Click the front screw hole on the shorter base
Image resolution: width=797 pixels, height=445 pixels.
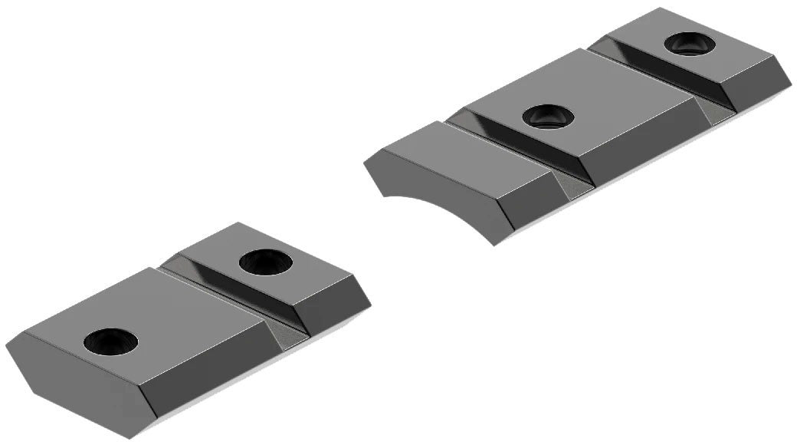pos(110,341)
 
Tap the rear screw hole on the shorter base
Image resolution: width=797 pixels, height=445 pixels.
pos(265,262)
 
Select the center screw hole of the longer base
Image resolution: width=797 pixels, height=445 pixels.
pos(549,117)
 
